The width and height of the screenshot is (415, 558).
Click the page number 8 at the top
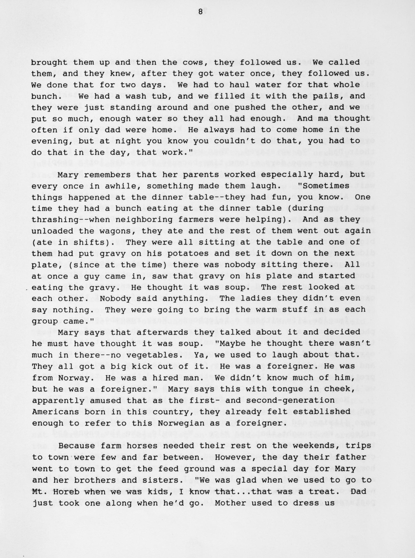pyautogui.click(x=200, y=12)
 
